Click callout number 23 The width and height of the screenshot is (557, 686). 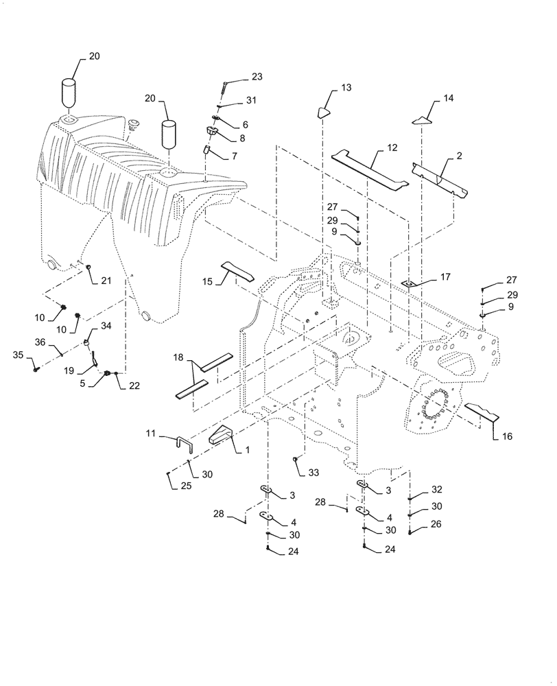tap(237, 77)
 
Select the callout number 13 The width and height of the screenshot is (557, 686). tap(346, 88)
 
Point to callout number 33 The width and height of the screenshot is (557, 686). tap(313, 473)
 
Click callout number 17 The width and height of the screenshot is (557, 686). tap(445, 277)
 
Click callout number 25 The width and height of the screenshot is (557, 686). tap(167, 486)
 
